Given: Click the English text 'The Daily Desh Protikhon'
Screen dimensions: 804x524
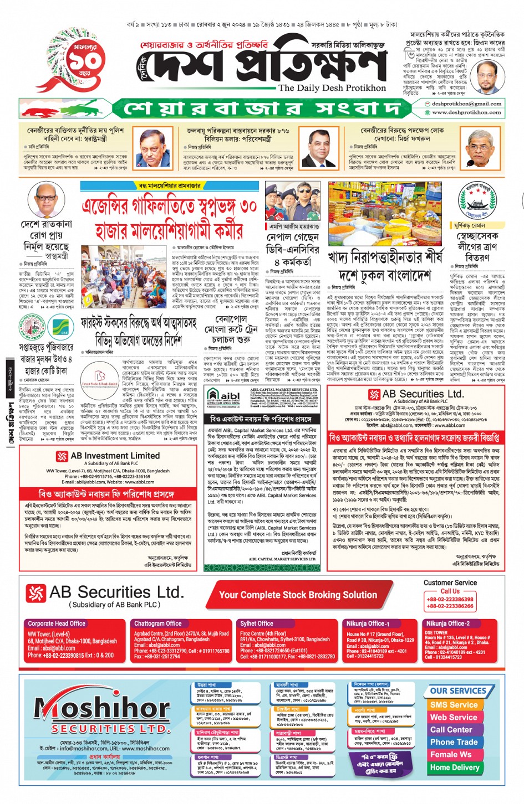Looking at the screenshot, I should [332, 87].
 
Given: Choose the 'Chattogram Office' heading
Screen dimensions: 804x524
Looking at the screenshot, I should [158, 623].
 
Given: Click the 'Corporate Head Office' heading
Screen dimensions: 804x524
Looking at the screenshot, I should [57, 623].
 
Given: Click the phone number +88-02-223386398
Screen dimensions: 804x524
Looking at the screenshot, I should [450, 599].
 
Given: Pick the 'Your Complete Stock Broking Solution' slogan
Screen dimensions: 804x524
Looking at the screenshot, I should [298, 595].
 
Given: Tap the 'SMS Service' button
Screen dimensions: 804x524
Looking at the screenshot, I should [454, 705].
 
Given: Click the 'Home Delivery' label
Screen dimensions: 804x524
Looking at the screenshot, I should [454, 767].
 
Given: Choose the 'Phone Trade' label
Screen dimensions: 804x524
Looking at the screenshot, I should [454, 742].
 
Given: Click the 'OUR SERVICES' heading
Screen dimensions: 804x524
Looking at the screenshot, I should [457, 691].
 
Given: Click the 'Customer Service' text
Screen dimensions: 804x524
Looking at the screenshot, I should [450, 583].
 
